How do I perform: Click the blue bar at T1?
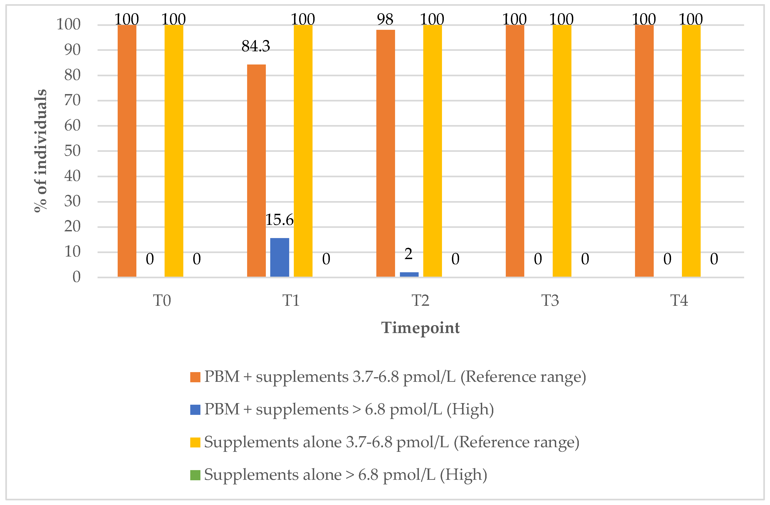(279, 257)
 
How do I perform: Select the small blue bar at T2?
(409, 275)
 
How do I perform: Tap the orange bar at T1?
(256, 171)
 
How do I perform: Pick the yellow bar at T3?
(562, 151)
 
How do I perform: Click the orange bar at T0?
(127, 151)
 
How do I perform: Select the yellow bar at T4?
(691, 151)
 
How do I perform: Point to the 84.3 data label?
(256, 46)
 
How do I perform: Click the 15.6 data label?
(279, 220)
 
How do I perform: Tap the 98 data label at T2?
(385, 19)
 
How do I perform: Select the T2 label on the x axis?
(420, 300)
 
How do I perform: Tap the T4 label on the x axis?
(679, 300)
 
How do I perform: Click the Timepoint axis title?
(420, 328)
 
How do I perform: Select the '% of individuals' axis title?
(41, 151)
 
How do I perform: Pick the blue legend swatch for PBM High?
(195, 410)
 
